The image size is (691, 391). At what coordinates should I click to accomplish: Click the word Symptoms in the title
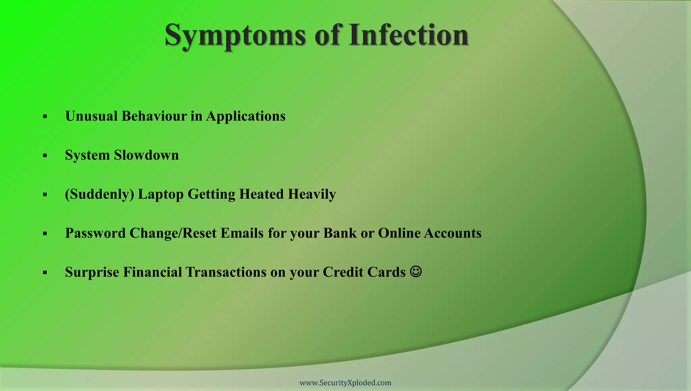pyautogui.click(x=235, y=35)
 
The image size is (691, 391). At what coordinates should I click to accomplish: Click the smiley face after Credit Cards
pyautogui.click(x=416, y=271)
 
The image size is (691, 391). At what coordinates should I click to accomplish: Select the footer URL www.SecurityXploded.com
pyautogui.click(x=345, y=383)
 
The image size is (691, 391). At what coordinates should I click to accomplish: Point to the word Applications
pyautogui.click(x=246, y=116)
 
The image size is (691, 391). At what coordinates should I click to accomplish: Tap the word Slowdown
pyautogui.click(x=146, y=155)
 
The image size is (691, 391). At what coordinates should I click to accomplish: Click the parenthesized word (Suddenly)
pyautogui.click(x=100, y=194)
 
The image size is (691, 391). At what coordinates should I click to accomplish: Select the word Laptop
pyautogui.click(x=161, y=194)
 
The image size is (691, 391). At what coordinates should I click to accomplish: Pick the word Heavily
pyautogui.click(x=312, y=194)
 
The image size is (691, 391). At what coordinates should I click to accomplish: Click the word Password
pyautogui.click(x=95, y=233)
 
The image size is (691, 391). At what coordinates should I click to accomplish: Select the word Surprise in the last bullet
pyautogui.click(x=92, y=272)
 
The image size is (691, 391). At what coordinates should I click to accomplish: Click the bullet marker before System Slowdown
pyautogui.click(x=45, y=156)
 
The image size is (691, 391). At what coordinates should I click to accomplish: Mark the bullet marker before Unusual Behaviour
pyautogui.click(x=45, y=117)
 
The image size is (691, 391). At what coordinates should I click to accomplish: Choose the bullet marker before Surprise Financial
pyautogui.click(x=45, y=272)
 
